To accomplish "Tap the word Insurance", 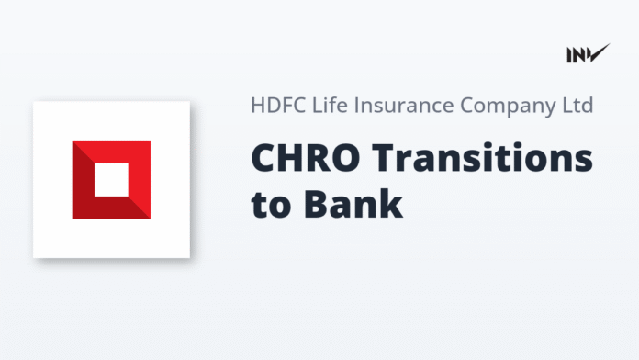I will tap(392, 105).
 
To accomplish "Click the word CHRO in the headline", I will tap(294, 159).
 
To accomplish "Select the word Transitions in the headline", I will tap(473, 159).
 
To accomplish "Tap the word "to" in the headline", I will tap(266, 204).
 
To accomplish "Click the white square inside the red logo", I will tap(111, 179).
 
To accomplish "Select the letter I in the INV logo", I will tap(570, 55).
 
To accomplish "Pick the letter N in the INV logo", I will tap(579, 55).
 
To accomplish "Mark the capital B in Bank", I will tap(309, 203).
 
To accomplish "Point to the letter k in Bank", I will tap(392, 203).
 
